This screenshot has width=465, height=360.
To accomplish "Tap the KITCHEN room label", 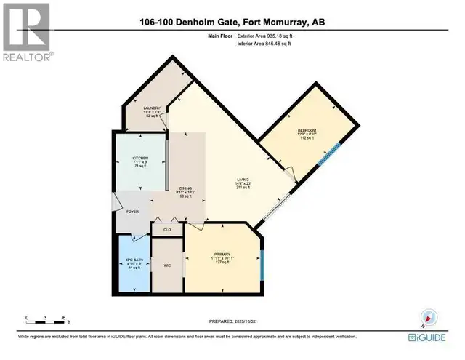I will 140,158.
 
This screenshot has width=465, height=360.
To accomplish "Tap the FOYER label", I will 132,212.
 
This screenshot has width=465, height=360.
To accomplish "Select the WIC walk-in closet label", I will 166,265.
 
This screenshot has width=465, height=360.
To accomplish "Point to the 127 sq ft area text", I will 222,263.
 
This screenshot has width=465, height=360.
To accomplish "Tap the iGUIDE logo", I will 432,337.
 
